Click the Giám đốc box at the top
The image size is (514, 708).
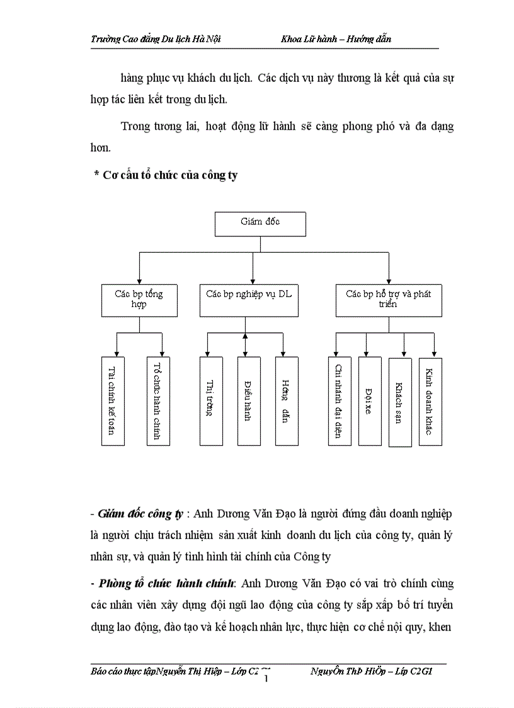[260, 224]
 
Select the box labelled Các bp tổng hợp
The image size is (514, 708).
[139, 299]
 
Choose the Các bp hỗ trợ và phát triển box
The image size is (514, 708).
[389, 299]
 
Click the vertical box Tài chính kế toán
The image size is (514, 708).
[113, 401]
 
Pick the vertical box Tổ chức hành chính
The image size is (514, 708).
[158, 401]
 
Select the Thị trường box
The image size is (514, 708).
[210, 401]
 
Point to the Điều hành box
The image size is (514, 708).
[248, 401]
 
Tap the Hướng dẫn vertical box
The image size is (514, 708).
[286, 401]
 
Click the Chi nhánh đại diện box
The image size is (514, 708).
[338, 401]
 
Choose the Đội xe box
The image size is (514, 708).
[370, 401]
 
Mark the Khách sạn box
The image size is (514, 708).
[399, 402]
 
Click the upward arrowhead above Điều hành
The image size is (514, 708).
[245, 337]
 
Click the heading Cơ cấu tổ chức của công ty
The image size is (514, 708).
[169, 175]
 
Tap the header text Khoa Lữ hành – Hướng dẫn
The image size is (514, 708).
[336, 39]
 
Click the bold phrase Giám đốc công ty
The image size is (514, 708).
[139, 514]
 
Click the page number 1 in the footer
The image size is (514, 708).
[267, 678]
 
